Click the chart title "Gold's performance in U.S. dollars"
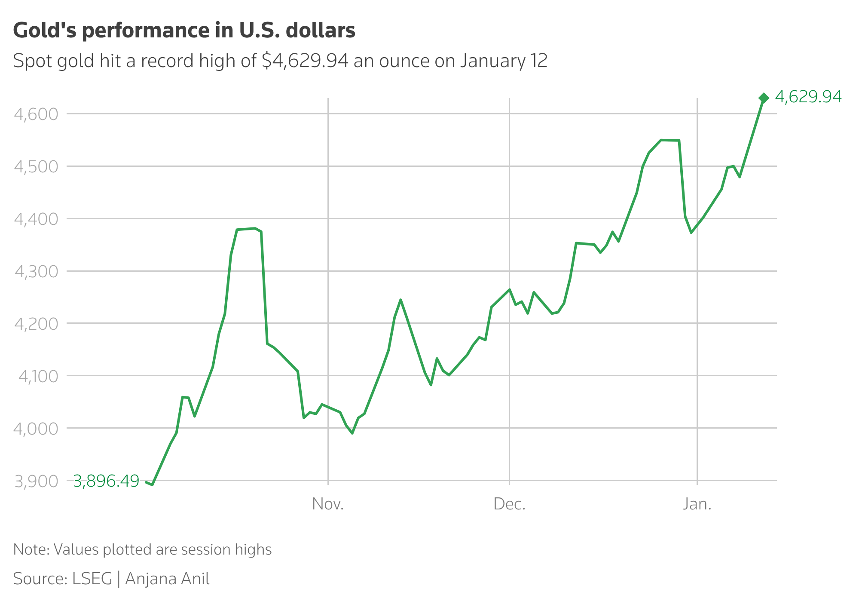[x=184, y=31]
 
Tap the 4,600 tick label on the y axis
[x=36, y=114]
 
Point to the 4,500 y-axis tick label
[x=36, y=167]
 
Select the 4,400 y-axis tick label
[x=36, y=219]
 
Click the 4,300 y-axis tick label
[x=36, y=272]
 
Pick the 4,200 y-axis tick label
[x=36, y=324]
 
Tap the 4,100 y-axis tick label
[x=38, y=376]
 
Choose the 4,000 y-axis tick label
[x=36, y=429]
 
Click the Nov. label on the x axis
[x=328, y=504]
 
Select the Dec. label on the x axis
[x=509, y=504]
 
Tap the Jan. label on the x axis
[x=697, y=504]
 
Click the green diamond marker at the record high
[x=764, y=98]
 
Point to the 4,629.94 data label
[x=808, y=97]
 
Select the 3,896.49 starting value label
[x=106, y=481]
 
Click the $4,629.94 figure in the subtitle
[x=305, y=61]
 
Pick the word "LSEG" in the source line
[x=92, y=579]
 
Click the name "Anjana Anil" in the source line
[x=167, y=579]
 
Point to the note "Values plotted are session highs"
[x=162, y=549]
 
